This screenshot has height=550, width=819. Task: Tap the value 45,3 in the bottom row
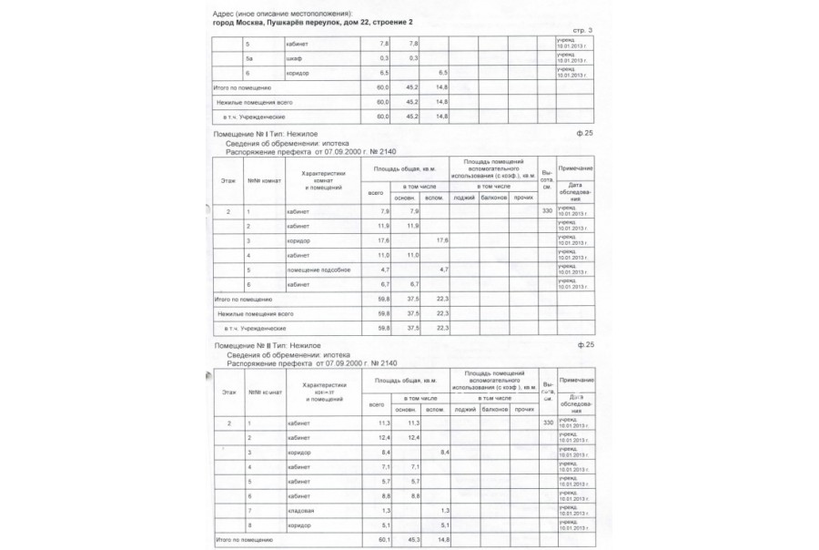(412, 540)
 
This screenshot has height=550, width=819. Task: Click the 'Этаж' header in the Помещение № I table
(228, 180)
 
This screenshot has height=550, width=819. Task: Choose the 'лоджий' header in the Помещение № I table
(465, 196)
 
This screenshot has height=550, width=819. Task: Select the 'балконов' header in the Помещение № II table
(494, 409)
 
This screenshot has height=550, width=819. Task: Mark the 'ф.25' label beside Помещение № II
(585, 347)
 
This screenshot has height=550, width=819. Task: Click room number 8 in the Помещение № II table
(248, 525)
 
